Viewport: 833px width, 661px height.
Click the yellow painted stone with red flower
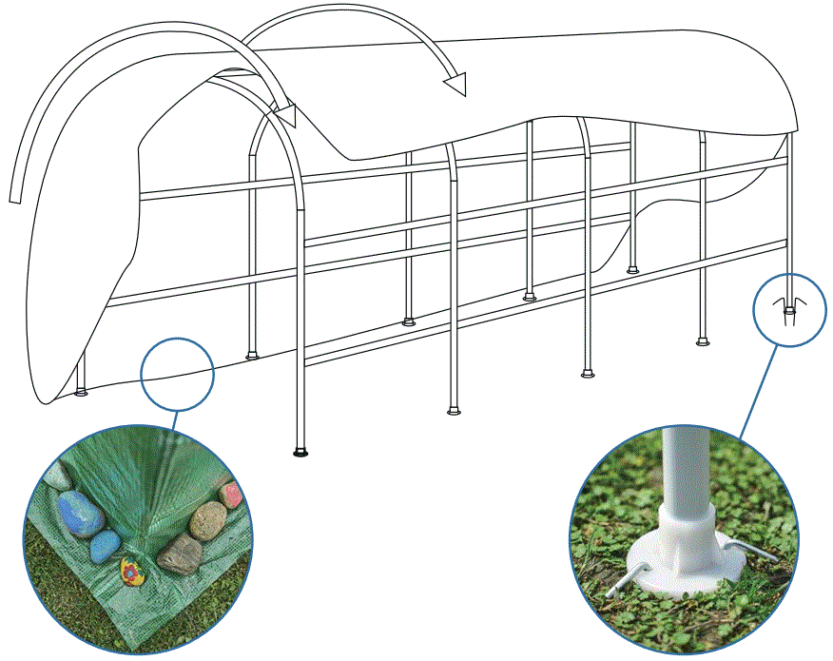[130, 572]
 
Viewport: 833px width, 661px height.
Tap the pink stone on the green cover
[231, 495]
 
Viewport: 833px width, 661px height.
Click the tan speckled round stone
[208, 519]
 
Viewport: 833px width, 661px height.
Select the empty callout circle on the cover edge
[178, 375]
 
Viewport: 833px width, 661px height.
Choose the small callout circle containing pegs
[789, 309]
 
